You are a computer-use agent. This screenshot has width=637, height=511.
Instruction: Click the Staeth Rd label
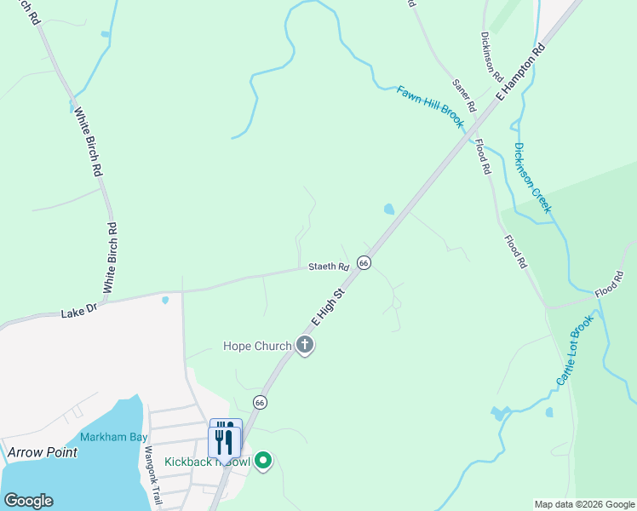[x=329, y=267]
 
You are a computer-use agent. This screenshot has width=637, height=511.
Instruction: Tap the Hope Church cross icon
[x=305, y=346]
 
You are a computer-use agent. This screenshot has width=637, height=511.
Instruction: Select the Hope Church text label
[x=256, y=346]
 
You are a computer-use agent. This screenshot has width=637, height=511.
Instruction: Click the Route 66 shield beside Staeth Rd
[x=364, y=263]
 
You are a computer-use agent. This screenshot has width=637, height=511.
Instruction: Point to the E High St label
[x=327, y=307]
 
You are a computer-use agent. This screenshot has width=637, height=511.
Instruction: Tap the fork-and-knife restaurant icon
[x=226, y=439]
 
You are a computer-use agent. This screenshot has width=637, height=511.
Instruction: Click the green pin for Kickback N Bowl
[x=263, y=462]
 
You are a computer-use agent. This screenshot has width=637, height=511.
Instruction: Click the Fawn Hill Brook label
[x=430, y=106]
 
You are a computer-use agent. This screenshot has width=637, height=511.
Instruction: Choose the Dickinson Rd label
[x=492, y=56]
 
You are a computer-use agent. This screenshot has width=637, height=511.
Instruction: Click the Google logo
[x=28, y=501]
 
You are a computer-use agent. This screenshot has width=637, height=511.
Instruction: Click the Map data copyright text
[x=583, y=504]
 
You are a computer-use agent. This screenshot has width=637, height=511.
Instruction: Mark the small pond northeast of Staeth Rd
[x=389, y=209]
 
